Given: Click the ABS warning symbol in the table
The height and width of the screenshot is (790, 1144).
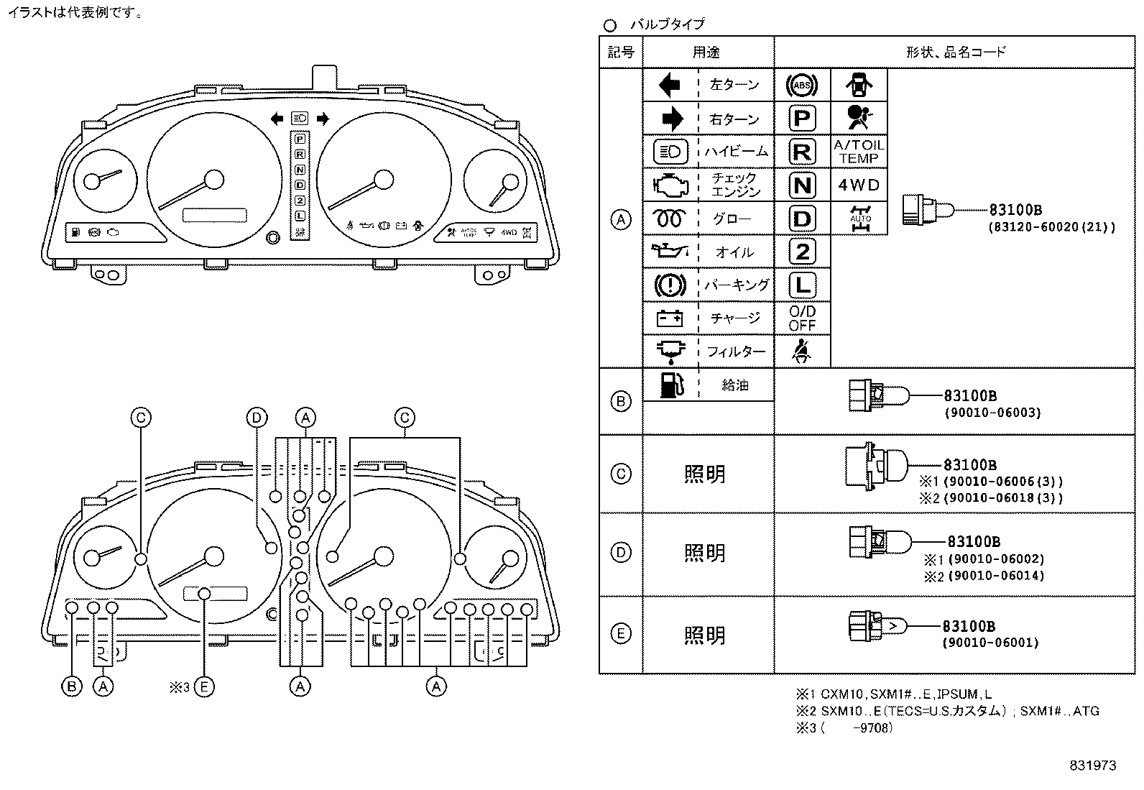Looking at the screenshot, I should (802, 86).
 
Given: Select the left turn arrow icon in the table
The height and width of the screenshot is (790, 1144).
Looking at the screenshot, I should (670, 86).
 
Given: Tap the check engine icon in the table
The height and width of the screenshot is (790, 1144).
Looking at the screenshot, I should (670, 185).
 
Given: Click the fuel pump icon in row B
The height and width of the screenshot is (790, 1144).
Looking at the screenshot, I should (670, 384).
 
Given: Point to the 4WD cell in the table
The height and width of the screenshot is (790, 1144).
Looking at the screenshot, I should (859, 185).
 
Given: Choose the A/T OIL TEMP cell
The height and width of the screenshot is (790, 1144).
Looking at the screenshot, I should (859, 152).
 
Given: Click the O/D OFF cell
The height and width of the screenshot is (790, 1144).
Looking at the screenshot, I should (802, 318).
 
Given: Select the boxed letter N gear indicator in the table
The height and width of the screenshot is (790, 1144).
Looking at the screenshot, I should (802, 185).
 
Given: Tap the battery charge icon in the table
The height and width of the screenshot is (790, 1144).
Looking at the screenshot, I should (670, 318).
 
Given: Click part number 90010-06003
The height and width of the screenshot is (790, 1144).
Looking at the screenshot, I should (992, 413).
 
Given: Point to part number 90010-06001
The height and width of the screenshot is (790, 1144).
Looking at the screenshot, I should (990, 643).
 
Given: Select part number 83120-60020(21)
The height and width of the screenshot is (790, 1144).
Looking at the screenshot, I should (1053, 227).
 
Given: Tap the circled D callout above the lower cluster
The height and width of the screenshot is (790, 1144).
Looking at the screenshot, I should (257, 418).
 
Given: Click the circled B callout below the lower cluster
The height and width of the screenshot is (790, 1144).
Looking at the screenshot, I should (71, 686).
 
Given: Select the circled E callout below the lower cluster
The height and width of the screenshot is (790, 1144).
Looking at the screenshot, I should (204, 686).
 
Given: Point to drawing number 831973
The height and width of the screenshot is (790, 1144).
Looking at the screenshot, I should (1092, 766).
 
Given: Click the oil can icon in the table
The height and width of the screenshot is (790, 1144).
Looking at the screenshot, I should (670, 252).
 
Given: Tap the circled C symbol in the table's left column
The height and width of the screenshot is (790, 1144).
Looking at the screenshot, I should (620, 474).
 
